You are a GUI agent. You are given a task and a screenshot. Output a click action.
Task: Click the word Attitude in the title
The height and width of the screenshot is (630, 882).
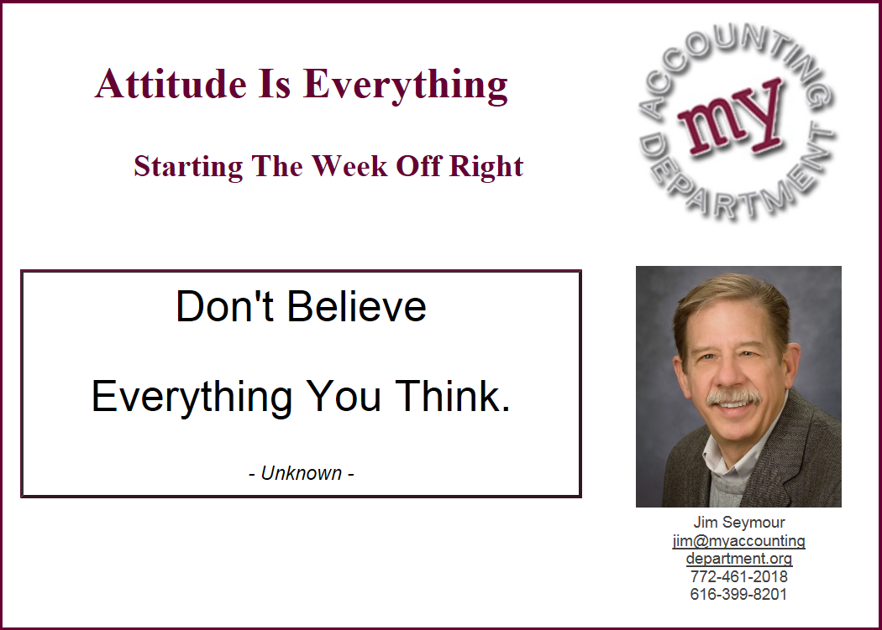pyautogui.click(x=171, y=84)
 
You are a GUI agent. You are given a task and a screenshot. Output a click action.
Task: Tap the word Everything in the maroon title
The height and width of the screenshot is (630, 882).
pyautogui.click(x=406, y=86)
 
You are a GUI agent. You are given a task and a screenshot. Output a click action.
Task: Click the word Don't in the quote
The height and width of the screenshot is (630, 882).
pyautogui.click(x=224, y=307)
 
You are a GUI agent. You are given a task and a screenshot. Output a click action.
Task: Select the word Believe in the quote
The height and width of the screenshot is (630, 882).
pyautogui.click(x=357, y=307)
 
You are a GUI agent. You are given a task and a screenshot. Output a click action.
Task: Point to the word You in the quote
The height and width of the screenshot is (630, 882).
pyautogui.click(x=343, y=396)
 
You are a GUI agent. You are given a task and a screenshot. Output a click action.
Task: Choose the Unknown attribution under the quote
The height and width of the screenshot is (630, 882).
pyautogui.click(x=301, y=473)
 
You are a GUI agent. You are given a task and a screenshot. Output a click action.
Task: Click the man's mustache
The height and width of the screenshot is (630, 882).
pyautogui.click(x=734, y=396)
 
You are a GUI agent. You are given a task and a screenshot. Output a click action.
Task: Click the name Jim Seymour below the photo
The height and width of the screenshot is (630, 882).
pyautogui.click(x=738, y=523)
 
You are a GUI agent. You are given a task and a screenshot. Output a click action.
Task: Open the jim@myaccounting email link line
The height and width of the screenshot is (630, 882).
pyautogui.click(x=738, y=540)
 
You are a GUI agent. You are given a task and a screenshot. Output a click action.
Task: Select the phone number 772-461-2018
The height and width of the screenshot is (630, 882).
pyautogui.click(x=738, y=576)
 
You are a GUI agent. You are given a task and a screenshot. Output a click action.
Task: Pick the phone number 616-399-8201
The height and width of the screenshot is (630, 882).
pyautogui.click(x=738, y=595)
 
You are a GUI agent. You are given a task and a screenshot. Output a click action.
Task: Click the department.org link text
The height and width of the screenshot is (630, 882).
pyautogui.click(x=738, y=559)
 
